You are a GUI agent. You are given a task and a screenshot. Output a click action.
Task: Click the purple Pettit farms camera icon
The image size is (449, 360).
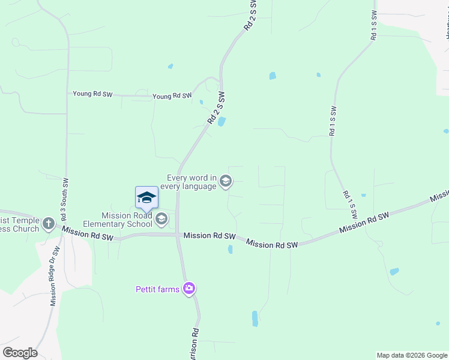click(190, 289)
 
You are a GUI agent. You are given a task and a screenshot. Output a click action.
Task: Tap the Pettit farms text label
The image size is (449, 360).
click(157, 289)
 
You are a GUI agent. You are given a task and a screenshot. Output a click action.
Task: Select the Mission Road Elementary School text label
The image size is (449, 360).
click(126, 220)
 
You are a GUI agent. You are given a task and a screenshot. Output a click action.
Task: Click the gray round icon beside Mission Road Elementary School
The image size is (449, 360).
click(161, 219)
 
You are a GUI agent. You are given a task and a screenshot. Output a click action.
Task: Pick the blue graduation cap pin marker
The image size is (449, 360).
click(146, 198)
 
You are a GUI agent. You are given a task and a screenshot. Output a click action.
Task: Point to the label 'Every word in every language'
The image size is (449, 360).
click(191, 182)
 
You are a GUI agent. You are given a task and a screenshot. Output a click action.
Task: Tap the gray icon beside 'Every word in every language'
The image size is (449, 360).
click(226, 181)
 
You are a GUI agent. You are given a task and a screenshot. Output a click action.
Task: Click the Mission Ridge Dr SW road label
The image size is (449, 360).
click(55, 276)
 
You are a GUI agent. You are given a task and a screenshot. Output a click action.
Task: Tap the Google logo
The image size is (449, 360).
click(20, 353)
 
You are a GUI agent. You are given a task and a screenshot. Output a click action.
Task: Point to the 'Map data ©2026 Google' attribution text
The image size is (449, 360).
click(412, 355)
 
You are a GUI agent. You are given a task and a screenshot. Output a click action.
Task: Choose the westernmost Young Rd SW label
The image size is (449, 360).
click(92, 94)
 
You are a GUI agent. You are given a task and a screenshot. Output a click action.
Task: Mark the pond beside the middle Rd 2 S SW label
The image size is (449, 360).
click(221, 122)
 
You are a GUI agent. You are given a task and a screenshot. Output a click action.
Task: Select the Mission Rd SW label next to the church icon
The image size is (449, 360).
click(88, 233)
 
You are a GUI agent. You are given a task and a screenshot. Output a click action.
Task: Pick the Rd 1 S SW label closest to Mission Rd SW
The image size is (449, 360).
click(350, 205)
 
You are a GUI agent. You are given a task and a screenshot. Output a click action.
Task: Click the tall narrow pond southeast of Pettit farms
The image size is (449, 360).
click(255, 318)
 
